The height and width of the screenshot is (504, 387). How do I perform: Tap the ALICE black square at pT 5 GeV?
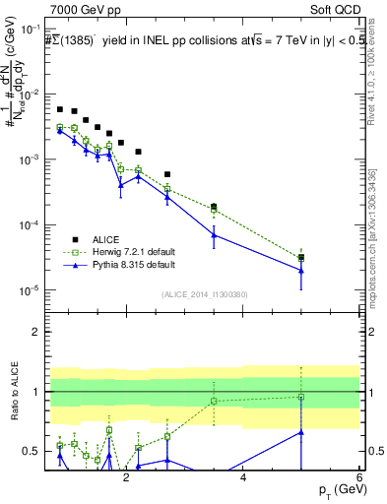coord(301,258)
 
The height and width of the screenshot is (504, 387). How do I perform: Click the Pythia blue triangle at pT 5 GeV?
coord(301,271)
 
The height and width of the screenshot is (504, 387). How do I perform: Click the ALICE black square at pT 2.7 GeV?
coord(167,174)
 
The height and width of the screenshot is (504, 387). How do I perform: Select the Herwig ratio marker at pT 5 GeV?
coord(301,397)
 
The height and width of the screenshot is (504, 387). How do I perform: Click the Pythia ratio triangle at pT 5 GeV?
coord(301,431)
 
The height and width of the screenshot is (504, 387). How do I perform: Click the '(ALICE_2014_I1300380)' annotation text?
coord(204,292)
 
